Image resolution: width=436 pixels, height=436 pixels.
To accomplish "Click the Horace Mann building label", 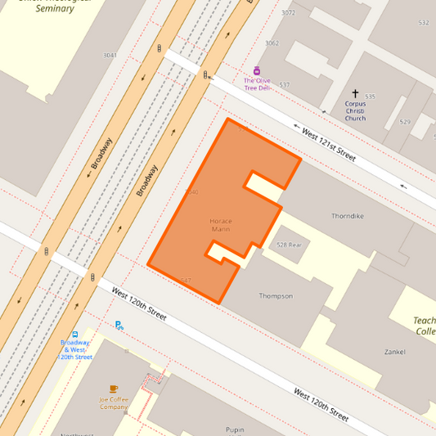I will [x=221, y=225].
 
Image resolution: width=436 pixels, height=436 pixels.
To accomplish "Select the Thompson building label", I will [x=276, y=295].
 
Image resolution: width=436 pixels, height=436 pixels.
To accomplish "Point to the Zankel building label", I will [x=394, y=352].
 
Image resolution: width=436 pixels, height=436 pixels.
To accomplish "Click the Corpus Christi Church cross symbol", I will [x=355, y=94].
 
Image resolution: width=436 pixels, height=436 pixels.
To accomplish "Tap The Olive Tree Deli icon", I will [x=257, y=70].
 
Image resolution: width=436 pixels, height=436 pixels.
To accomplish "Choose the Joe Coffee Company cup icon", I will [x=114, y=389].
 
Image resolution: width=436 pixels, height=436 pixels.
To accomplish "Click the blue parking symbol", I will [x=119, y=325].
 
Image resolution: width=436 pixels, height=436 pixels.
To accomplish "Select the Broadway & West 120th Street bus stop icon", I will [x=75, y=335].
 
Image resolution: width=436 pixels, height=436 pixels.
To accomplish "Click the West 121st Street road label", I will [x=329, y=143].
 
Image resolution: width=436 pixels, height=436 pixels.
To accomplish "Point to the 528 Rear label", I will [x=289, y=245].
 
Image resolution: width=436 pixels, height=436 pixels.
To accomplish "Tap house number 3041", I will [x=110, y=56].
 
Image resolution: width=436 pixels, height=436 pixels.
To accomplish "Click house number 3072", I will [x=288, y=13].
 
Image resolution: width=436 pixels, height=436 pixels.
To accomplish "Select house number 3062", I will [x=272, y=43].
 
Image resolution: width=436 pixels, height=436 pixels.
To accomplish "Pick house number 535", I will [x=370, y=97].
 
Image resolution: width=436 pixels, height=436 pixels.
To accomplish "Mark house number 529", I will [x=404, y=122].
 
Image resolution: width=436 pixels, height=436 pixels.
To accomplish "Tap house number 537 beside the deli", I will [x=285, y=85].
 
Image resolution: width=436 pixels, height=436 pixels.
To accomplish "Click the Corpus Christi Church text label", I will [x=355, y=111].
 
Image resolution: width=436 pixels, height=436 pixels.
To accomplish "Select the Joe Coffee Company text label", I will [x=114, y=402].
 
